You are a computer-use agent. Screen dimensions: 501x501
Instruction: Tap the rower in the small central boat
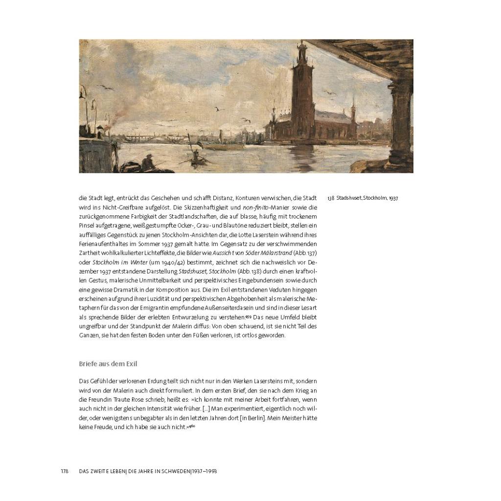[196, 155]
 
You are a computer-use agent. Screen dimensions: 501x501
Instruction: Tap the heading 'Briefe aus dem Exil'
[108, 364]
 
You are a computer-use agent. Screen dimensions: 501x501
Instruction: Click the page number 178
[65, 471]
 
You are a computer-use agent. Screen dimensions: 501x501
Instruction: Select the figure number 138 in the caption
[331, 199]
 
